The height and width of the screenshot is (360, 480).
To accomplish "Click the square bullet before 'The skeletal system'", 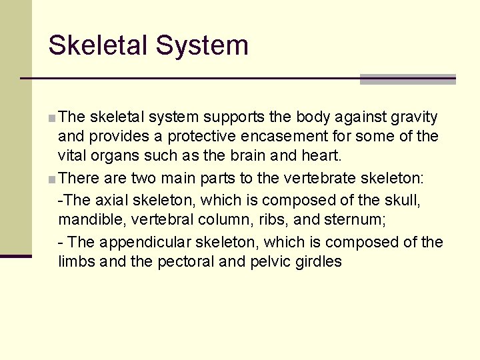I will coord(52,119).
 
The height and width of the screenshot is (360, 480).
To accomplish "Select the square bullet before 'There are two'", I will coord(52,179).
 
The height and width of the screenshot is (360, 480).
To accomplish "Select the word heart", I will coord(321,155).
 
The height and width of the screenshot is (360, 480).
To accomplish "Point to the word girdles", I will coord(317,261).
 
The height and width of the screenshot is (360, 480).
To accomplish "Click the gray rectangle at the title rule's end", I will coord(407,79).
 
